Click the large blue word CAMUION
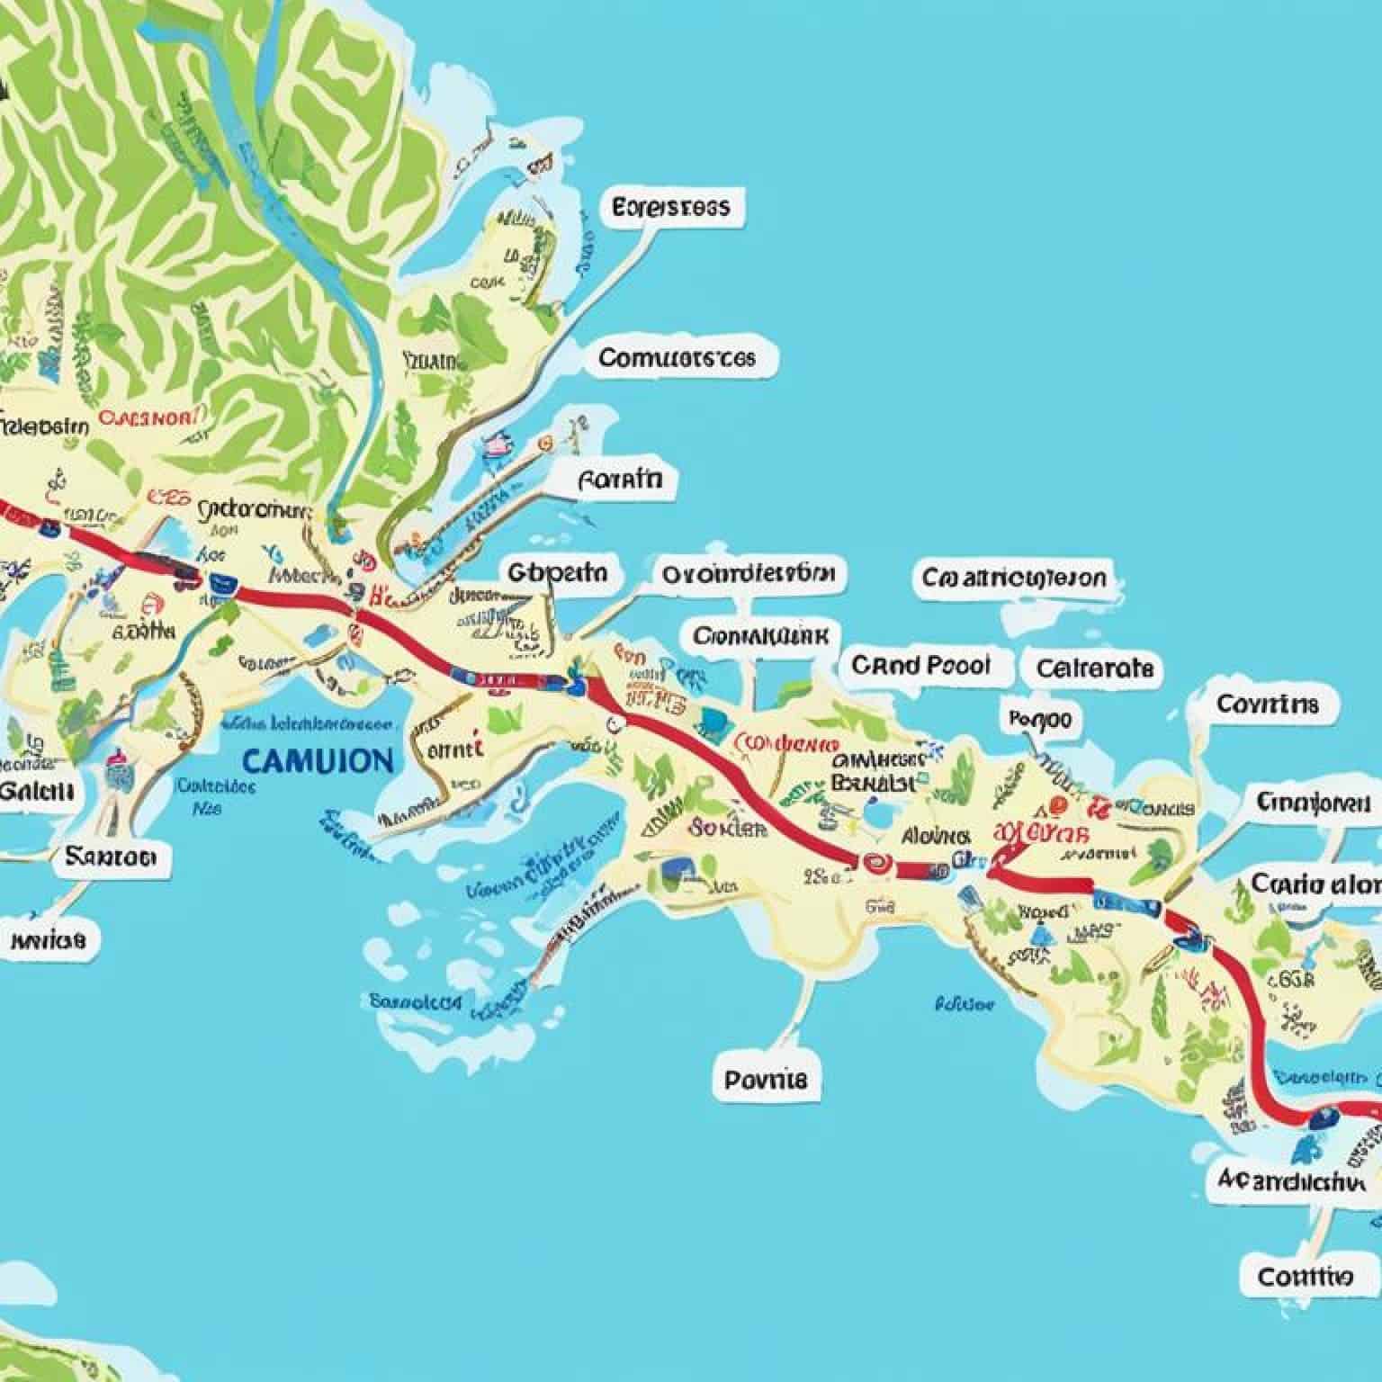318,760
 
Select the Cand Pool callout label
920,666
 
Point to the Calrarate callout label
1093,669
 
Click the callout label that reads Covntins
1267,703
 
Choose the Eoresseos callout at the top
670,208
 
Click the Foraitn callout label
621,480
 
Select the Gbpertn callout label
557,573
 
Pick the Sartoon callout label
111,856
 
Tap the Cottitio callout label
1304,1276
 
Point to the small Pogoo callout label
1040,720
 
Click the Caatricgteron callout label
1013,577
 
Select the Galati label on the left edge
36,791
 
